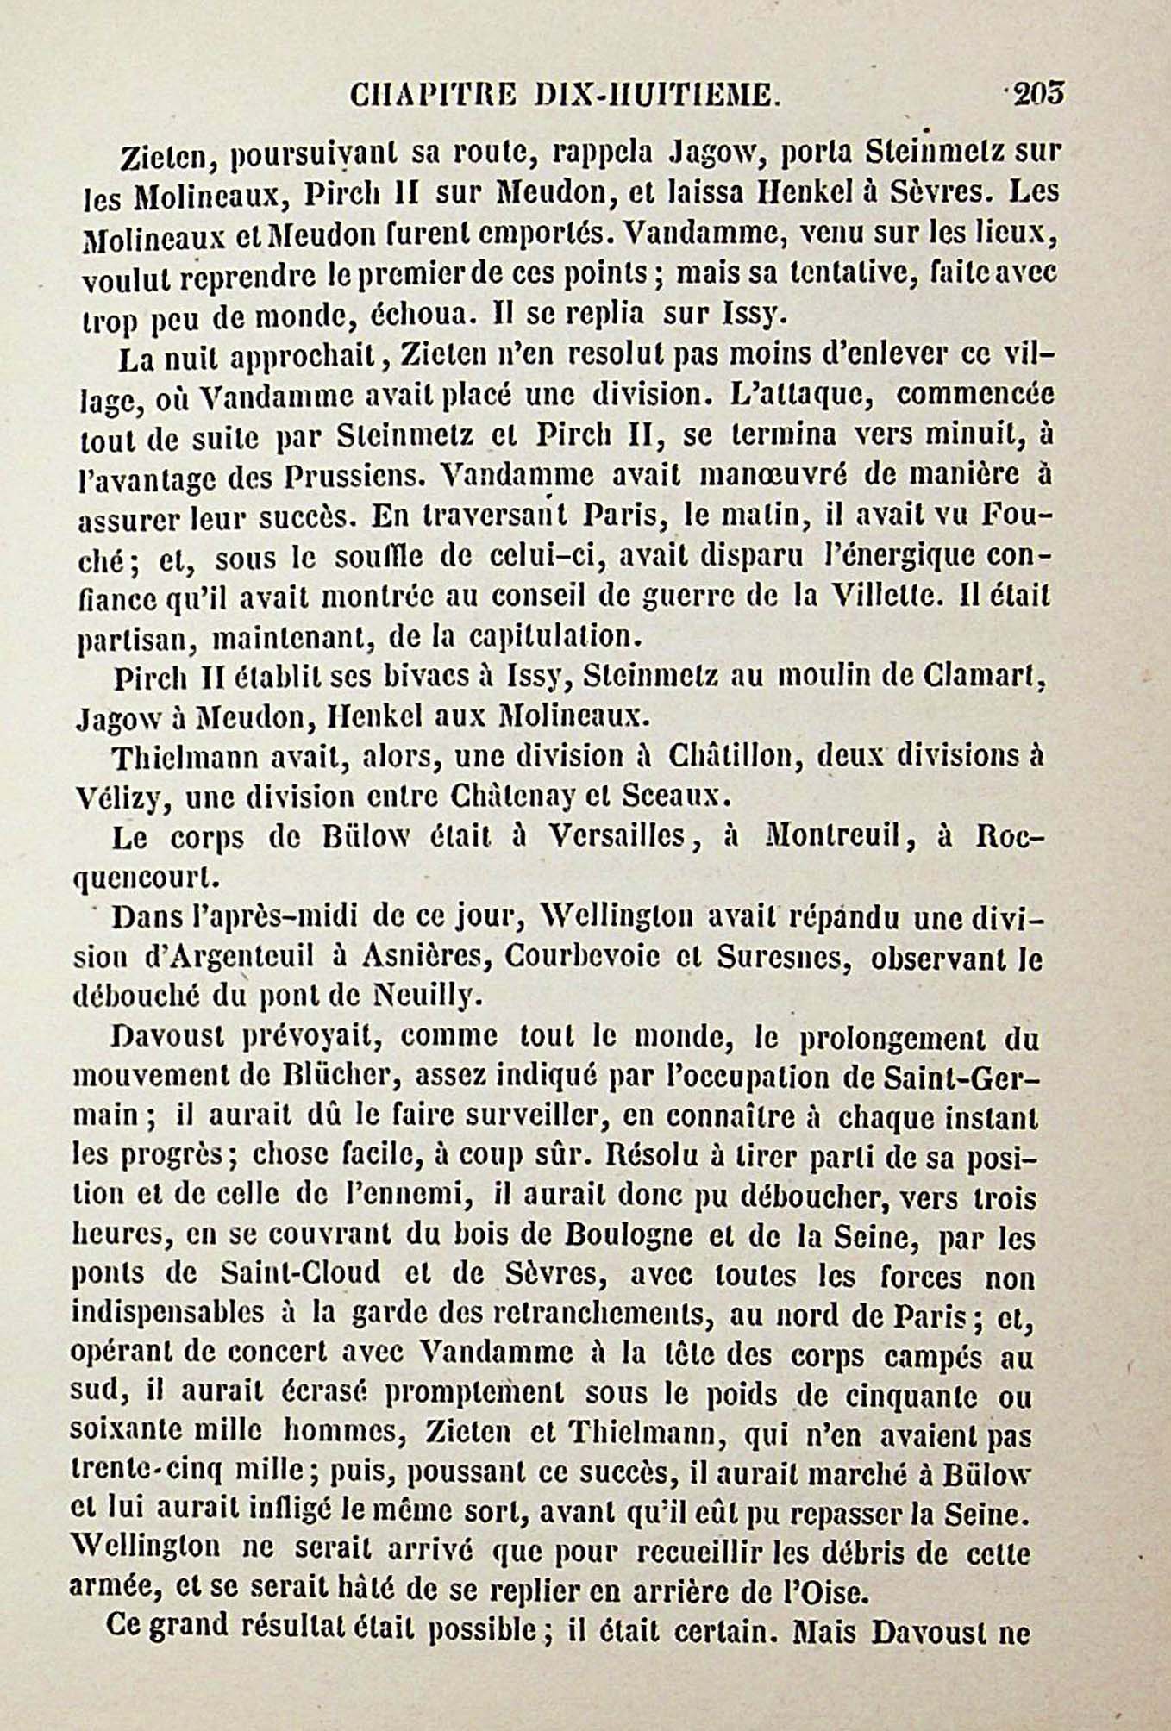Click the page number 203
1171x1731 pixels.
coord(1039,93)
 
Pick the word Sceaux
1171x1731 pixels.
coord(665,797)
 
